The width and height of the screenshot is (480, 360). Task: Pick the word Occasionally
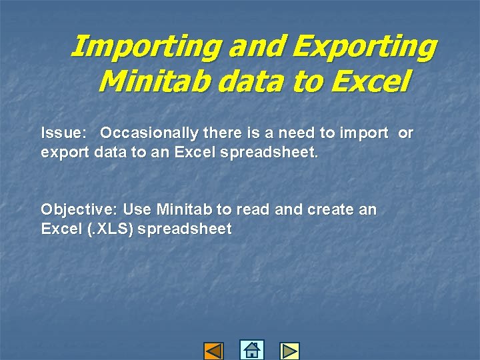coord(149,133)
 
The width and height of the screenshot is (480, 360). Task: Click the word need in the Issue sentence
coord(309,133)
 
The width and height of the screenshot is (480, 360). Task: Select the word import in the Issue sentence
coord(363,133)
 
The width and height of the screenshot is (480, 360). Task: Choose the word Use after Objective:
coord(137,209)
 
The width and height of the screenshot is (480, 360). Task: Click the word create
coord(331,209)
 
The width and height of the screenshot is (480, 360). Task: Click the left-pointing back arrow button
coord(213,351)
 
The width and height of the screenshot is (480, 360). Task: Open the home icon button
coord(251,350)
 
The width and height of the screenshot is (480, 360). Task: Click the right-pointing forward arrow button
coord(289,351)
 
